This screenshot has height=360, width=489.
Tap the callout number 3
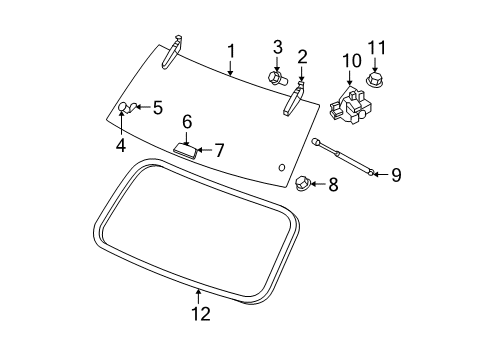(x=277, y=46)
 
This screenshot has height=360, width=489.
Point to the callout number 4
(x=120, y=144)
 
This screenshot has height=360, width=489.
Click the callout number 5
(x=157, y=107)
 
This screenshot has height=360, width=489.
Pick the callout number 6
(x=186, y=121)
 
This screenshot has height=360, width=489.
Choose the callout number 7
(x=219, y=151)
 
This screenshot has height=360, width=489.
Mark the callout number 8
(x=334, y=184)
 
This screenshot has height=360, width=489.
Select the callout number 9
(x=396, y=175)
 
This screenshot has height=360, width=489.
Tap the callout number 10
(x=350, y=62)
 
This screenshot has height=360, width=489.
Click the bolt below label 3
(x=277, y=76)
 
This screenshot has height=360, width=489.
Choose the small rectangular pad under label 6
(x=184, y=150)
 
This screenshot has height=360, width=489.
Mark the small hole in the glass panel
(x=282, y=167)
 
